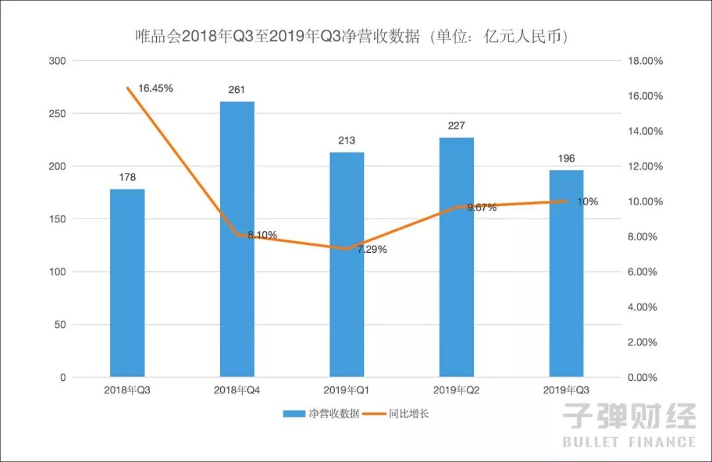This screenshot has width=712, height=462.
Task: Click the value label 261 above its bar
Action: (x=237, y=90)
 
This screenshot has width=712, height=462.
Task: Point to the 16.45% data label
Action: (x=156, y=88)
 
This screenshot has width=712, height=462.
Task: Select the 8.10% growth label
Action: (x=262, y=234)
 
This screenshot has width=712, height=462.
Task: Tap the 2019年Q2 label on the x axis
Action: (x=456, y=390)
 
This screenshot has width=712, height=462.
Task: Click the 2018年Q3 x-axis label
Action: (x=127, y=390)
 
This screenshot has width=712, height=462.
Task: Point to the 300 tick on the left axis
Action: (x=59, y=61)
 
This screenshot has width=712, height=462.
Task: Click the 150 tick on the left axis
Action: (x=59, y=219)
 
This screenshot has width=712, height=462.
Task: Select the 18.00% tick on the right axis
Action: (x=643, y=61)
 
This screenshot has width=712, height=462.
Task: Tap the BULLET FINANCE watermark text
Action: (x=629, y=442)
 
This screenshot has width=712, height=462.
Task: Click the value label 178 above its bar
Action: (x=127, y=177)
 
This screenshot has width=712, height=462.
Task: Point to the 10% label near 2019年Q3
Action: (x=587, y=201)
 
